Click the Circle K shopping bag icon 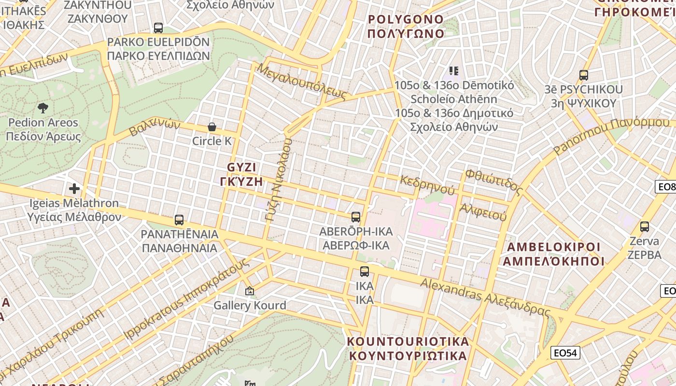211,127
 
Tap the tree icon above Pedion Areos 43,108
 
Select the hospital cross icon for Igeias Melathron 74,188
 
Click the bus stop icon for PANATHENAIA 179,220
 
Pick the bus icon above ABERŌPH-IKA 356,217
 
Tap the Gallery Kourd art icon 250,291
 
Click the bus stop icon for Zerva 644,226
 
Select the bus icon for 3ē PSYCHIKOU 583,75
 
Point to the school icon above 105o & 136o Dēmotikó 453,71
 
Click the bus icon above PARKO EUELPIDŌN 158,28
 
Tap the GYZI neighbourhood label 241,174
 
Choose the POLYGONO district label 406,27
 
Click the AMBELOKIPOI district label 553,254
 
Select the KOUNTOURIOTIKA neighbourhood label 408,348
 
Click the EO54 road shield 565,353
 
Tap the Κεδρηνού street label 427,184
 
